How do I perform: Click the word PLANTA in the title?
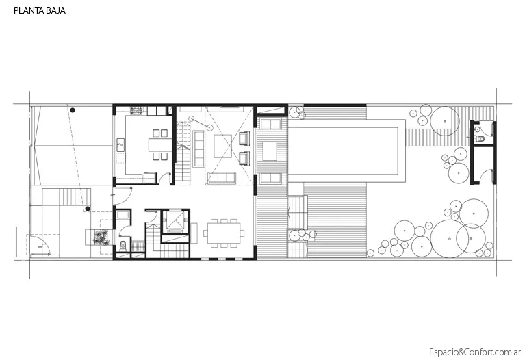click(26, 10)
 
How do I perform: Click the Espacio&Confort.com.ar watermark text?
click(475, 352)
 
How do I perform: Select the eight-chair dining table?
click(224, 233)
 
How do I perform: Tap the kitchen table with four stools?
click(160, 144)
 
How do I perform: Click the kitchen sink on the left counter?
click(120, 144)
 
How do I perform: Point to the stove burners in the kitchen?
click(136, 110)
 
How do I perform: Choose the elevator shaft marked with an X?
click(175, 221)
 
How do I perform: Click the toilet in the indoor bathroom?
click(123, 246)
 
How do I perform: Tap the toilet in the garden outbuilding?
click(480, 138)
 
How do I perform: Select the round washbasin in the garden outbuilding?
click(477, 129)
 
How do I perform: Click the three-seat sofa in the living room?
click(222, 178)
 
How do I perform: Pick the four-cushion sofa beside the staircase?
click(198, 149)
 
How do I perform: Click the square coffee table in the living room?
click(223, 146)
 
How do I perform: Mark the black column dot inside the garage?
click(73, 110)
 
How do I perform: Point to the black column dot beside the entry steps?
click(88, 209)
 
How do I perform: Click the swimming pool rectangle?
click(343, 151)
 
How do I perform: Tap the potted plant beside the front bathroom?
click(101, 237)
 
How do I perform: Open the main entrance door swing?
click(122, 196)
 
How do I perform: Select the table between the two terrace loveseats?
click(270, 151)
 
